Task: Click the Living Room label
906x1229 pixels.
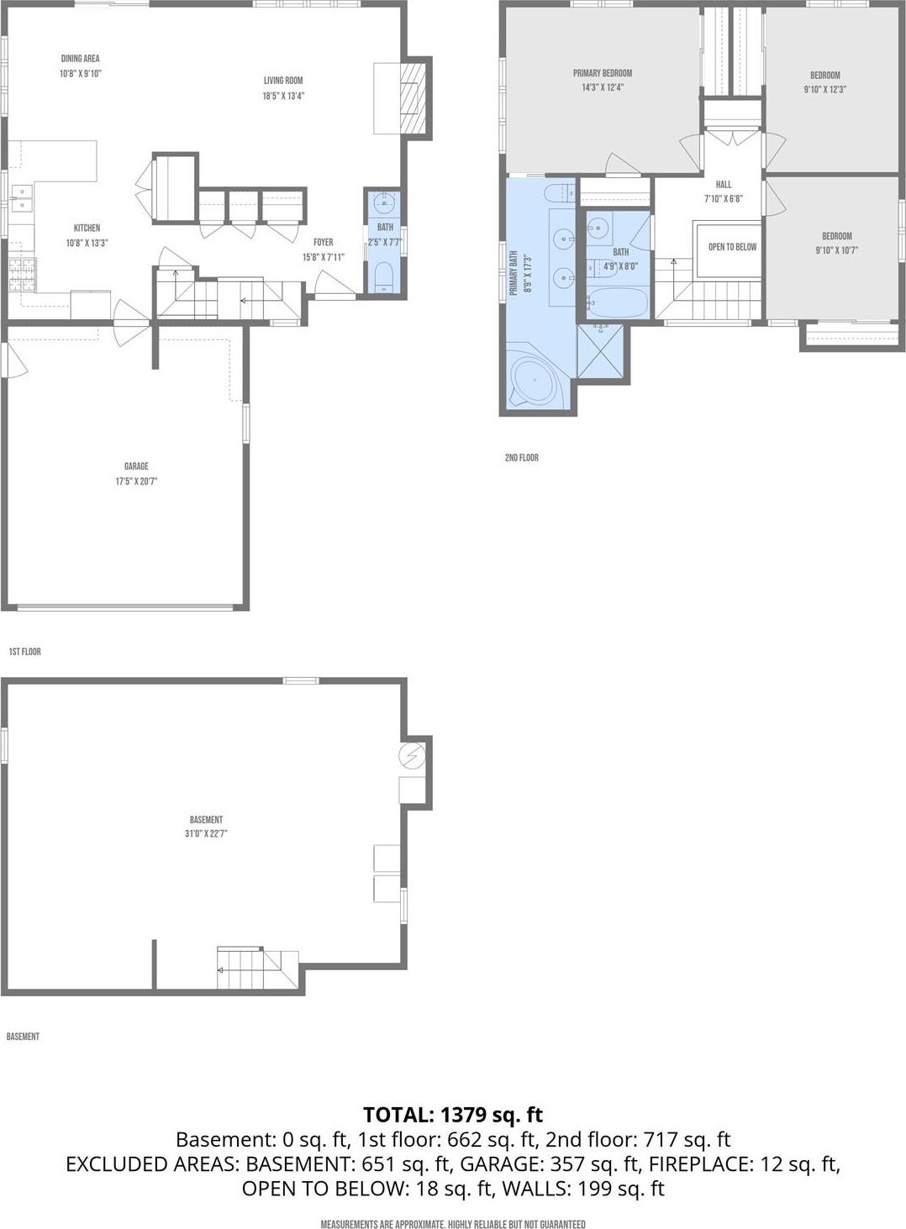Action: click(x=283, y=81)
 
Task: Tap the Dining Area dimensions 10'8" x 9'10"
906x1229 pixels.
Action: click(x=80, y=74)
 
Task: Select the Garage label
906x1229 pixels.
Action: click(x=136, y=466)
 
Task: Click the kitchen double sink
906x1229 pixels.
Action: click(x=20, y=198)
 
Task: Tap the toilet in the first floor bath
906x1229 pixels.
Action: click(x=384, y=277)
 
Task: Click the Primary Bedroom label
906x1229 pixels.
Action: click(x=603, y=73)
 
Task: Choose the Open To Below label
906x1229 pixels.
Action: click(x=732, y=247)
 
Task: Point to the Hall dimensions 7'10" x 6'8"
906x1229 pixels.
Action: click(x=724, y=199)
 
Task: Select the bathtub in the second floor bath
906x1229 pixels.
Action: click(x=617, y=301)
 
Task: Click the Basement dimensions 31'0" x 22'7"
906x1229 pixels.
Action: click(x=206, y=834)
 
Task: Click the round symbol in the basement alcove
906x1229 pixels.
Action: click(x=412, y=757)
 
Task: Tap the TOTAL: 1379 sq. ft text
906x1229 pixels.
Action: click(x=453, y=1115)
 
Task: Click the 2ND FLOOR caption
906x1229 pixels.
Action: click(x=521, y=458)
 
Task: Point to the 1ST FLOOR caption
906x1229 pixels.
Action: click(x=24, y=652)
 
